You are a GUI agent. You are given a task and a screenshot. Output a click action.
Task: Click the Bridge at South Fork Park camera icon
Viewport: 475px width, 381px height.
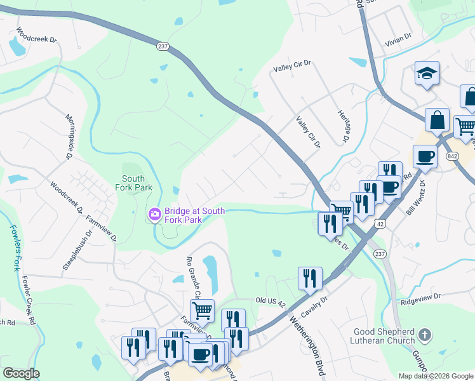pyautogui.click(x=154, y=215)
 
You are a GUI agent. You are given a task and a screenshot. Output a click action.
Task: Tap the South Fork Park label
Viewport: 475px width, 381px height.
pyautogui.click(x=134, y=183)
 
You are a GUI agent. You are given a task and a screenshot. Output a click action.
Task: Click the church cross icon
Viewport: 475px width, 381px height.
pyautogui.click(x=425, y=334)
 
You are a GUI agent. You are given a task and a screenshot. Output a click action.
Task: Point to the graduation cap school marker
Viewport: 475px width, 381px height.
pyautogui.click(x=427, y=74)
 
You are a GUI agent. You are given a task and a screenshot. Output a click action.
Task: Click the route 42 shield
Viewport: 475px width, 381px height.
pyautogui.click(x=379, y=224)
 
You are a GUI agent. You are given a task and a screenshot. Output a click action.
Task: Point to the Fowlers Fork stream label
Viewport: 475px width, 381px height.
pyautogui.click(x=14, y=247)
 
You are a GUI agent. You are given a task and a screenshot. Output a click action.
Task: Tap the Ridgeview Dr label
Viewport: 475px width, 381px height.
pyautogui.click(x=420, y=296)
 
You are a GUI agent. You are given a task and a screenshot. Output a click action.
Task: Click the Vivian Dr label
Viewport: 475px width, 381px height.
pyautogui.click(x=398, y=37)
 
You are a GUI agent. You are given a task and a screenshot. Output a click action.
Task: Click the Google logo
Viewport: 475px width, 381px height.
pyautogui.click(x=21, y=373)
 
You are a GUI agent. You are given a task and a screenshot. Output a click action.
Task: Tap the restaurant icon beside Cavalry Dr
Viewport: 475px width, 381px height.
pyautogui.click(x=309, y=277)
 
